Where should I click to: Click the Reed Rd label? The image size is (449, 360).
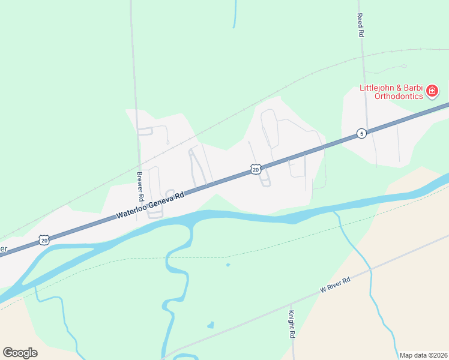[x=361, y=26]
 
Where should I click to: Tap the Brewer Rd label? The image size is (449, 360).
[x=140, y=187]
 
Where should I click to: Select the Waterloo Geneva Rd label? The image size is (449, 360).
[x=149, y=204]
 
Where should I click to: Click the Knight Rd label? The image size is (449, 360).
[x=291, y=324]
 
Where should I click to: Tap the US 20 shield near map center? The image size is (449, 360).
[x=256, y=170]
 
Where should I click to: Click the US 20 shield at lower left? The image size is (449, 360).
[x=43, y=239]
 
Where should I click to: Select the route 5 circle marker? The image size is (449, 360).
[x=361, y=133]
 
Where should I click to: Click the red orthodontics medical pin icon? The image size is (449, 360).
[x=432, y=91]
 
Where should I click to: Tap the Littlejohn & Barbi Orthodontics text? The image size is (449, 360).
[x=391, y=91]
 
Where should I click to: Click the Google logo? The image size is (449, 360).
[x=20, y=352]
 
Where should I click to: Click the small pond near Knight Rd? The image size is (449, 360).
[x=210, y=326]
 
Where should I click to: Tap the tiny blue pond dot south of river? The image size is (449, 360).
[x=228, y=265]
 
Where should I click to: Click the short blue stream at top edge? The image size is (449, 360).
[x=235, y=14]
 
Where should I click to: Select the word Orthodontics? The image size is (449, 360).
[x=399, y=95]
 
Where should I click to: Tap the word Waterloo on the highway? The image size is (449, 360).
[x=131, y=210]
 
